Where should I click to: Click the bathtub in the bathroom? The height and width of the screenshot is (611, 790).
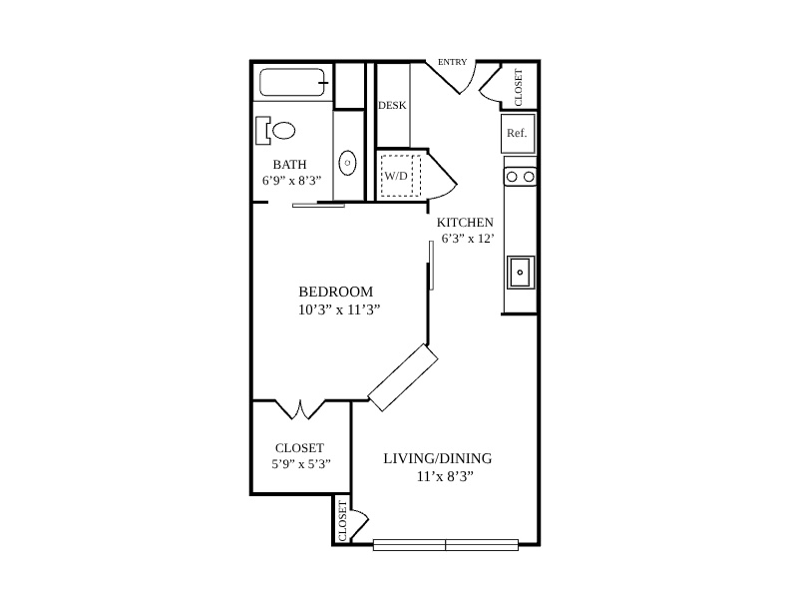[293, 82]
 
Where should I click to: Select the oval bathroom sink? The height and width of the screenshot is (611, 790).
[347, 163]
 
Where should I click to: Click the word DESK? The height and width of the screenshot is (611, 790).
[392, 106]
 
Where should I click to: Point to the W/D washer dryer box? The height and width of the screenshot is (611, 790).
[401, 176]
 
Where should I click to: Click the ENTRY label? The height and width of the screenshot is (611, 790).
[452, 62]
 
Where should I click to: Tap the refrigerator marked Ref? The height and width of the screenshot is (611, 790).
[518, 133]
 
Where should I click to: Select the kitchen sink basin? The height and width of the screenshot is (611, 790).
[521, 273]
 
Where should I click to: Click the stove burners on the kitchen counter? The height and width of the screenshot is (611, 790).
[521, 177]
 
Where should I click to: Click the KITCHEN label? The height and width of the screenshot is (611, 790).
[465, 223]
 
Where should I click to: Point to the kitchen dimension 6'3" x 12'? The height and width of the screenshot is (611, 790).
[467, 239]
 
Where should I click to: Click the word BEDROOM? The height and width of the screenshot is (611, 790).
[336, 292]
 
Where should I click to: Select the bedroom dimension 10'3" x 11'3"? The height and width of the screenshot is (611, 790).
[339, 309]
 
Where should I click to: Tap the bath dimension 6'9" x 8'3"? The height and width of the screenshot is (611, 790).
[291, 181]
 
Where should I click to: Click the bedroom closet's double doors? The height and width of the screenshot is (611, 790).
[300, 409]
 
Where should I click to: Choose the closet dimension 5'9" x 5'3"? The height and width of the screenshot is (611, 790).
[301, 464]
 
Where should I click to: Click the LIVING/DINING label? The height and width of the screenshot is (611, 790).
[438, 458]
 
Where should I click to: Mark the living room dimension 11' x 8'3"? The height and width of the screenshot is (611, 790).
[446, 476]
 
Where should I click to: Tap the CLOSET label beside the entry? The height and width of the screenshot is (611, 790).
[519, 87]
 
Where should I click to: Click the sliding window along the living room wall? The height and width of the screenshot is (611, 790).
[446, 545]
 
